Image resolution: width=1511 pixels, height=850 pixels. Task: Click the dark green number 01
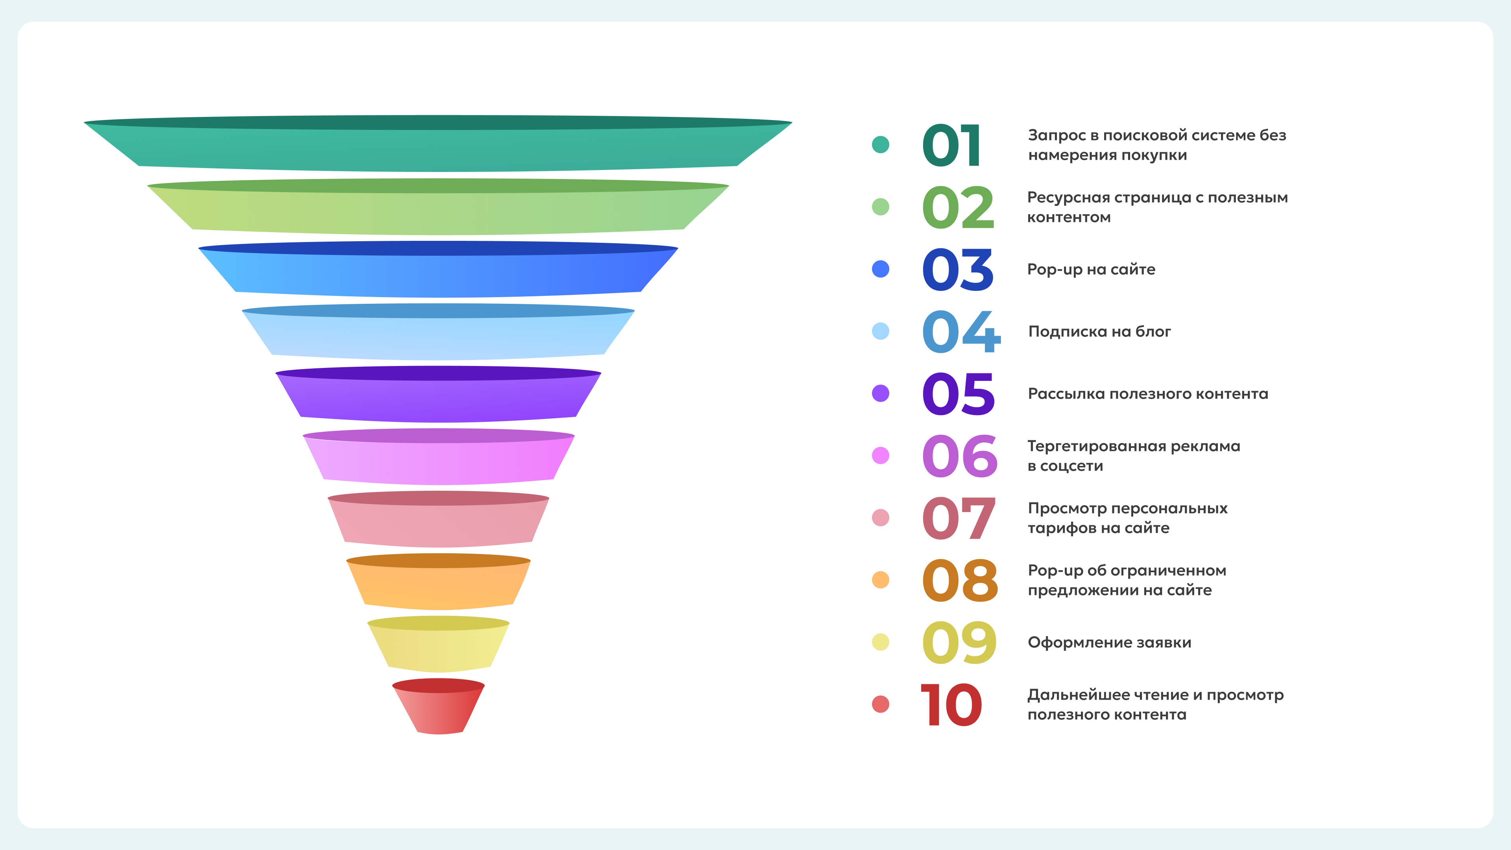point(951,146)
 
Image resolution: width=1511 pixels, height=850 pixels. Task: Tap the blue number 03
point(958,270)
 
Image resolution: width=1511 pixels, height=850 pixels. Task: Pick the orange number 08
point(960,581)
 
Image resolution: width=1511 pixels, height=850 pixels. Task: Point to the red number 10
point(951,705)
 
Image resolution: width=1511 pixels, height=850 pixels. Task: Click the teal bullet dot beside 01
point(881,144)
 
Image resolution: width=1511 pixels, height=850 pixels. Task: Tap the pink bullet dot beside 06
point(881,455)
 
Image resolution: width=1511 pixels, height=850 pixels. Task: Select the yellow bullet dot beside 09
point(881,642)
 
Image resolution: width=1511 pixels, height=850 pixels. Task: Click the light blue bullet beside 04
point(881,331)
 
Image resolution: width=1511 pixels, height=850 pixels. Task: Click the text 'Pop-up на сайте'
point(1091,269)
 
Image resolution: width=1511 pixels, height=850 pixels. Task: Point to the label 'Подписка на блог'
point(1099,331)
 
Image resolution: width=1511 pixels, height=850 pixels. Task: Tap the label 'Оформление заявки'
point(1109,642)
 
